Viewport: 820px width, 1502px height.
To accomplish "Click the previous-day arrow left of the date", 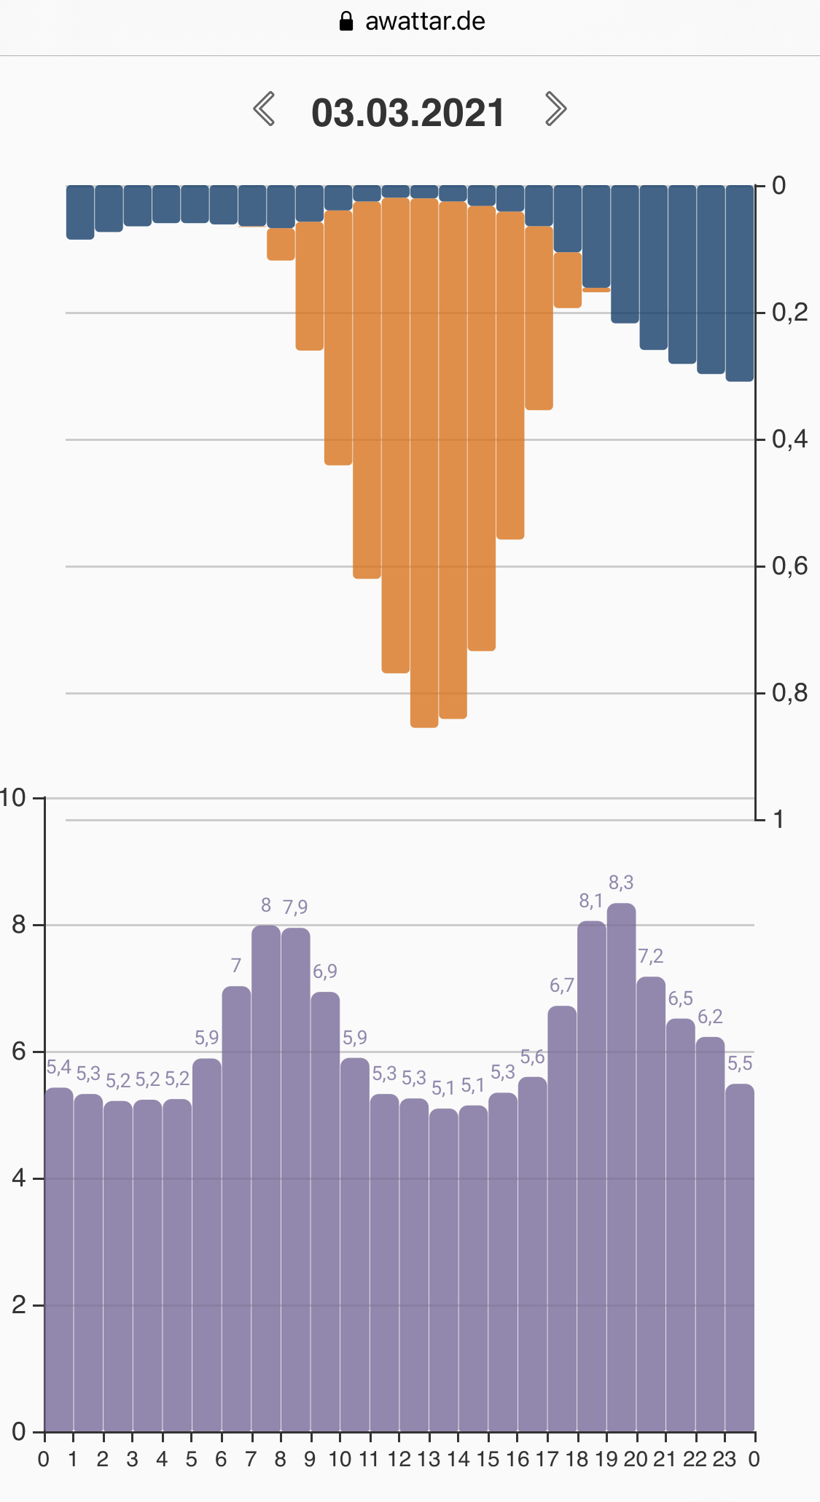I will pyautogui.click(x=264, y=109).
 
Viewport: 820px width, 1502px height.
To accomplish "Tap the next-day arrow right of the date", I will pyautogui.click(x=555, y=109).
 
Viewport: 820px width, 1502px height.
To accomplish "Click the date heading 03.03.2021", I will pyautogui.click(x=408, y=113).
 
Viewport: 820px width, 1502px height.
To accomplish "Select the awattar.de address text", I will pyautogui.click(x=425, y=21).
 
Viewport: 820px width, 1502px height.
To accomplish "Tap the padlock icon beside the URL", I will pyautogui.click(x=346, y=21).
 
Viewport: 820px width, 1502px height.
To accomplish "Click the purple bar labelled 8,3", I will pyautogui.click(x=621, y=1166).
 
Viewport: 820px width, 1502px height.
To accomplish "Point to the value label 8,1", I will pyautogui.click(x=590, y=901).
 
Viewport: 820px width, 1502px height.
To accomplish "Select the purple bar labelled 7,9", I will pyautogui.click(x=295, y=1181).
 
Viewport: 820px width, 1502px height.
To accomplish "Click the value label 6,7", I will pyautogui.click(x=561, y=986).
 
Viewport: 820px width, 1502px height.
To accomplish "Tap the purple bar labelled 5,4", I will pyautogui.click(x=59, y=1261).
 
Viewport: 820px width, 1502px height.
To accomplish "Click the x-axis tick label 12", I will pyautogui.click(x=399, y=1459).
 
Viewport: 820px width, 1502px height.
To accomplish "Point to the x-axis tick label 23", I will pyautogui.click(x=724, y=1459).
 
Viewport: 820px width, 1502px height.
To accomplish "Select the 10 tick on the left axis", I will pyautogui.click(x=13, y=798).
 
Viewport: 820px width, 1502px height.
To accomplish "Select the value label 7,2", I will pyautogui.click(x=650, y=956).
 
